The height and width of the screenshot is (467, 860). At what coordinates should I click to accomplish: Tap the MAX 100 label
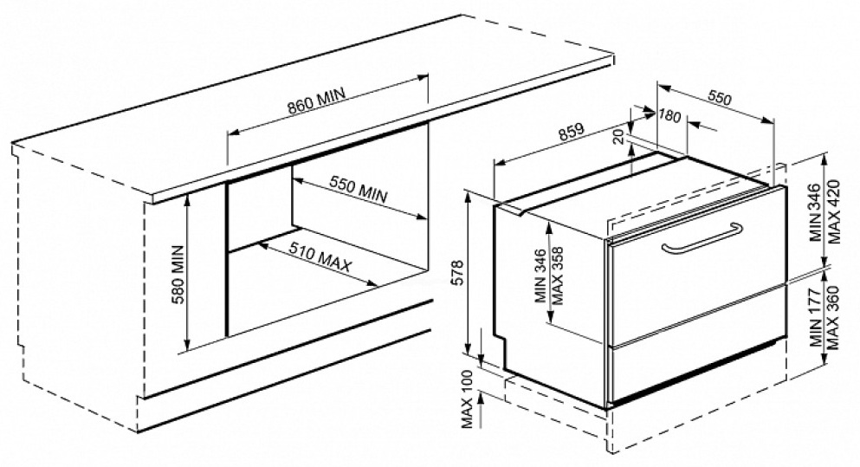click(468, 403)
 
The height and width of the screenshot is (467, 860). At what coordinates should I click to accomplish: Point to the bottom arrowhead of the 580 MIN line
click(186, 348)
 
